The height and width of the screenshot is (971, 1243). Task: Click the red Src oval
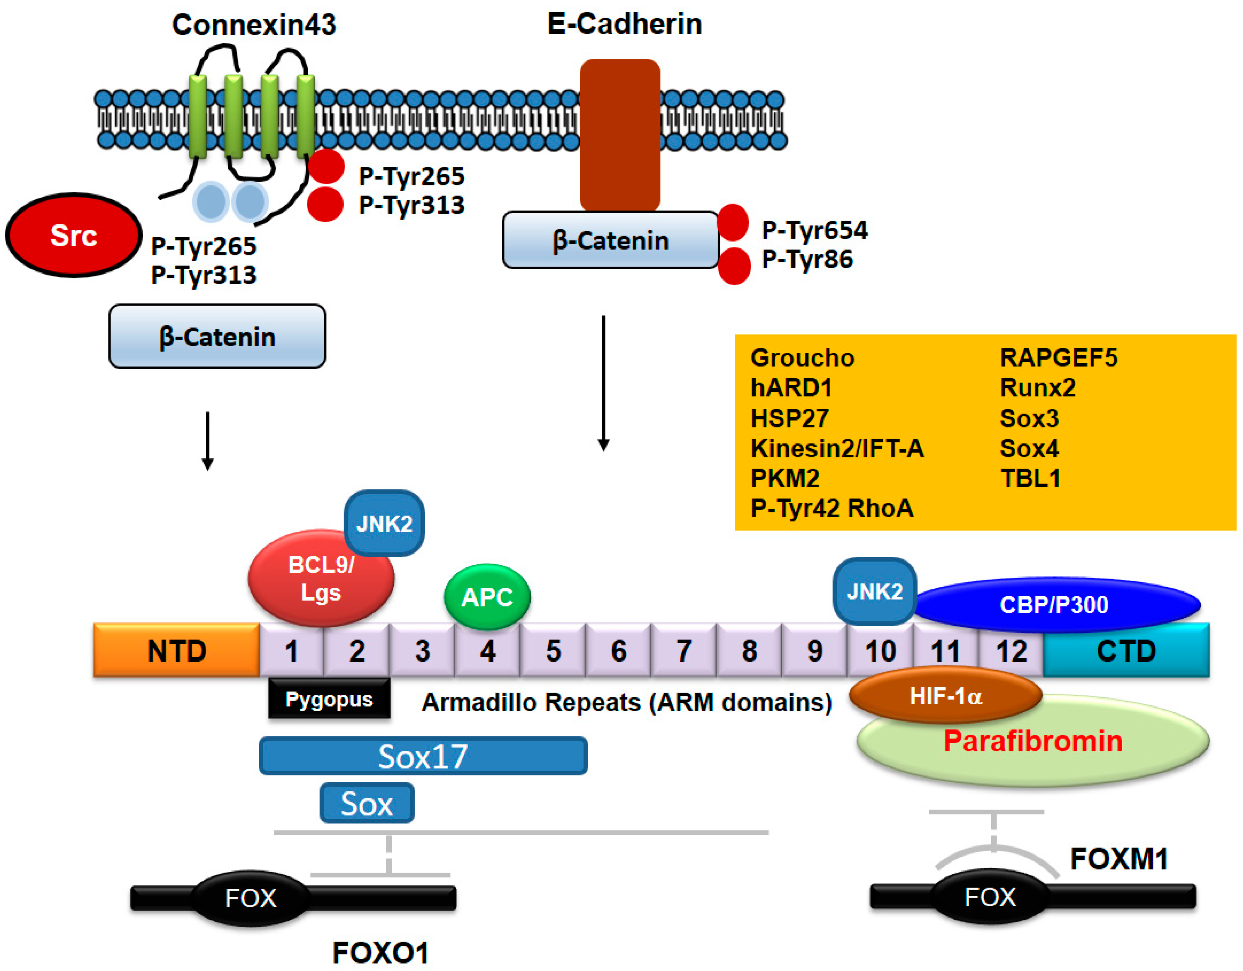pos(73,235)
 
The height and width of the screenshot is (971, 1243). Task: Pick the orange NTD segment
pos(177,650)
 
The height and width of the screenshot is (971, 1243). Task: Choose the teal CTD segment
pos(1126,650)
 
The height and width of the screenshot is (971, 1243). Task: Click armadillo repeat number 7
pos(684,650)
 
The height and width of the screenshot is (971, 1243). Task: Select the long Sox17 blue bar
pos(423,756)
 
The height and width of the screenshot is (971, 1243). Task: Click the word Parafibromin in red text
pos(1033,741)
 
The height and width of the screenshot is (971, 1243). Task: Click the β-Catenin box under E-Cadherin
pos(610,240)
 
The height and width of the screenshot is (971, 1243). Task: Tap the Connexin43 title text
pos(254,25)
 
